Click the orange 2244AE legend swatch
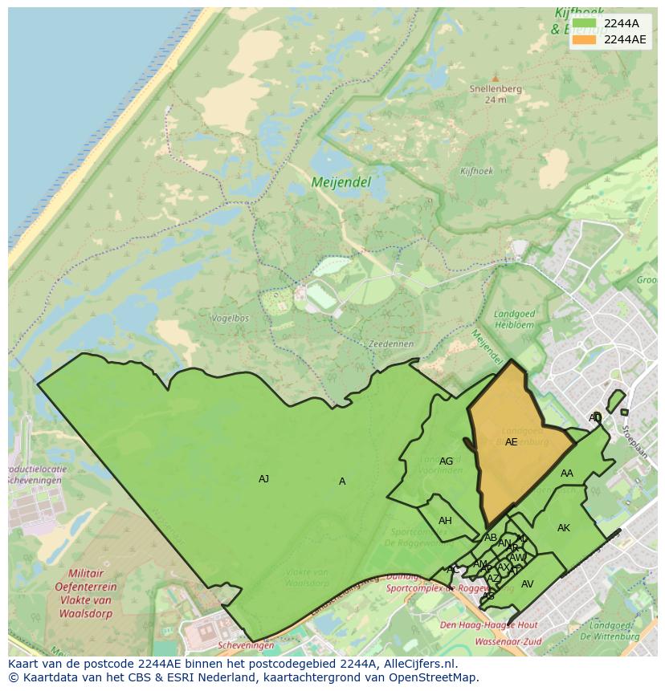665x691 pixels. click(x=585, y=39)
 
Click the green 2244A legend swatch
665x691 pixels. click(x=585, y=23)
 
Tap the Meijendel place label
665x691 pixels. click(x=341, y=183)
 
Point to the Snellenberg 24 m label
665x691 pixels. click(x=496, y=94)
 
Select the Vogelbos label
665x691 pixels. click(x=229, y=318)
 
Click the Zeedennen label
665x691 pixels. click(x=390, y=343)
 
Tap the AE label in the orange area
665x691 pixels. click(x=511, y=442)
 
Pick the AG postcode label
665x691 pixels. click(x=446, y=461)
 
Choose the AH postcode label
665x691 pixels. click(x=445, y=521)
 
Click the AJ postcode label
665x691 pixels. click(x=263, y=479)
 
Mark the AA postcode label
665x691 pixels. click(x=567, y=474)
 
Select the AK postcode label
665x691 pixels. click(x=563, y=528)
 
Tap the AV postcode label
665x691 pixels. click(x=527, y=584)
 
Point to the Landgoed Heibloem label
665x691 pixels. click(x=514, y=319)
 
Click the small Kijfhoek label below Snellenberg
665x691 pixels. click(x=476, y=171)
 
